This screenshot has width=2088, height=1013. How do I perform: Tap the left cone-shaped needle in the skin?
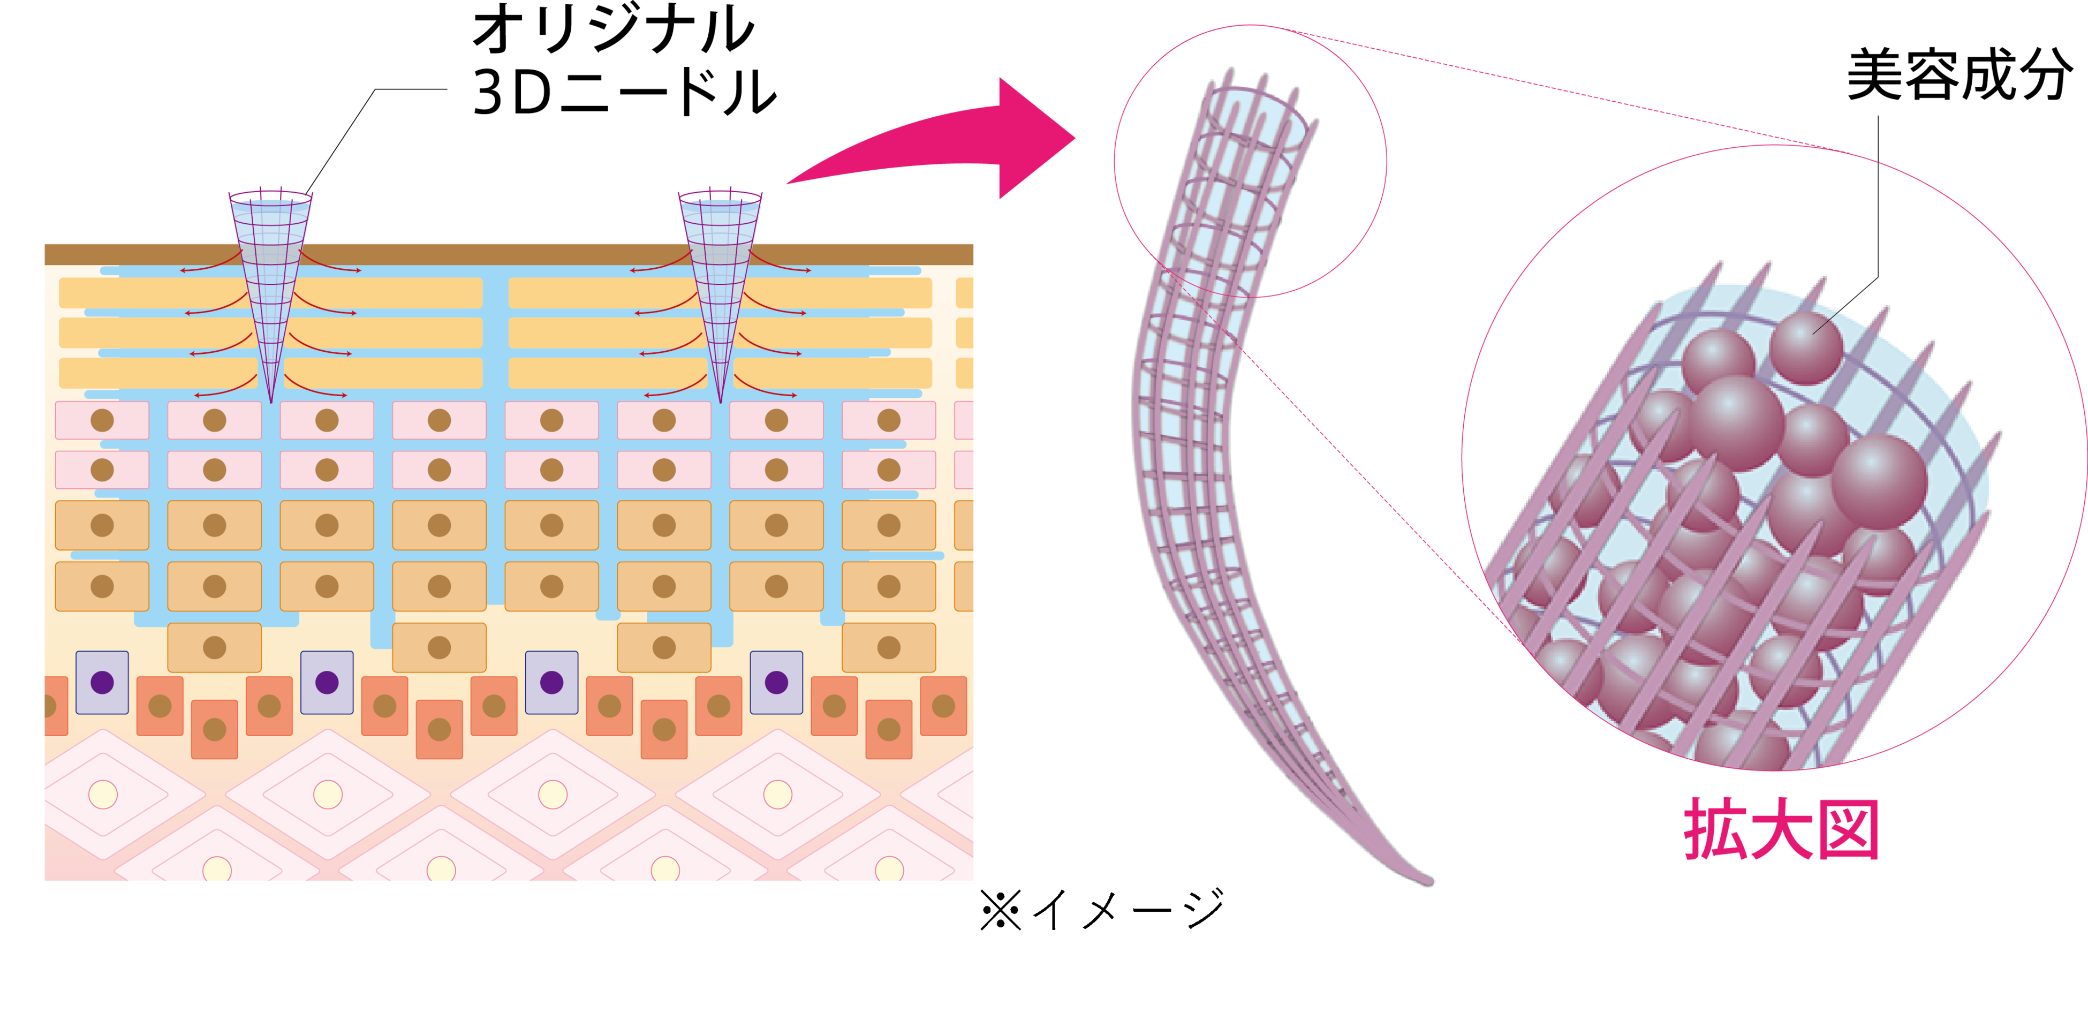270,276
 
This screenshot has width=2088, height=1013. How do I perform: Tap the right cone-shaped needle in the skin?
720,276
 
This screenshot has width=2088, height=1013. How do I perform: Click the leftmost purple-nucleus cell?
102,682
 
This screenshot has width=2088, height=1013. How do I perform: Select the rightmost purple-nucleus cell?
776,682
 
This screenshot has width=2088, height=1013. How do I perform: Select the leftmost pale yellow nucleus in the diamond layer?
103,794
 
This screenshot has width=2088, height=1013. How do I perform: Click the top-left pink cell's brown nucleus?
102,420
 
